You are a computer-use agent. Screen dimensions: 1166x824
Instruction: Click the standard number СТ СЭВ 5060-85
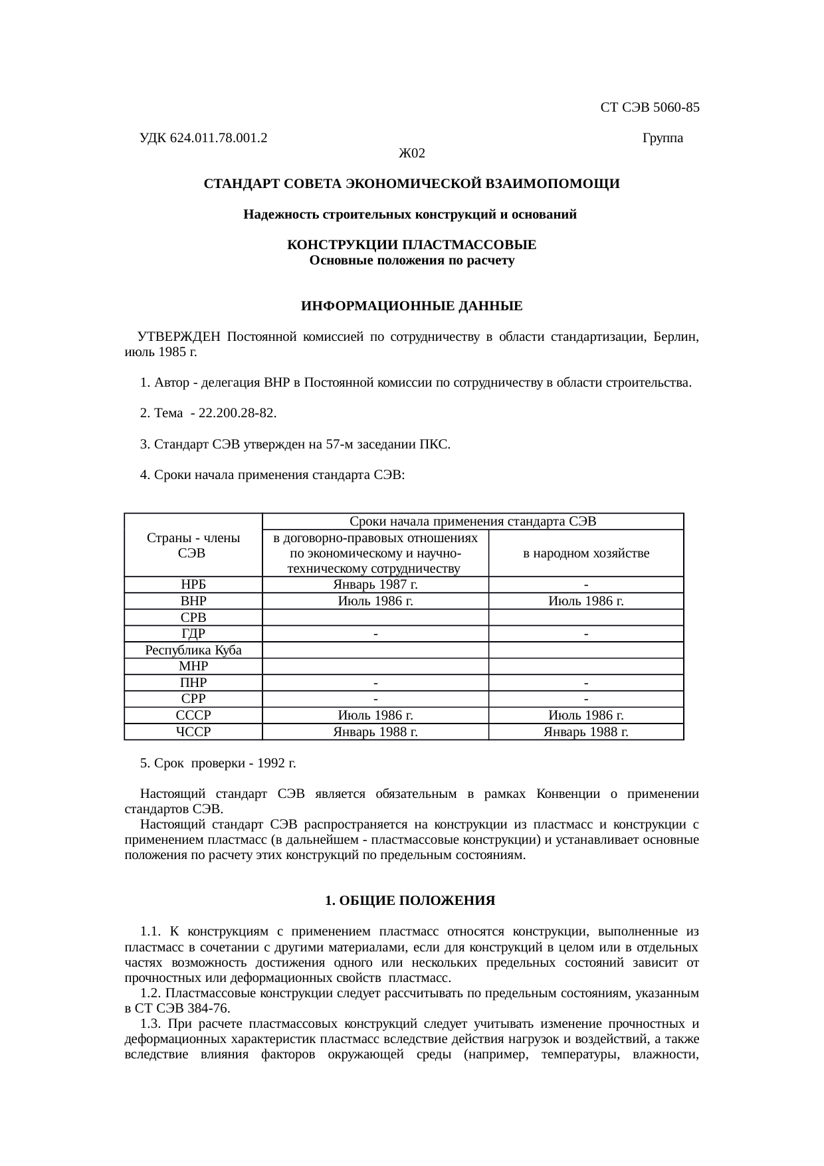point(649,108)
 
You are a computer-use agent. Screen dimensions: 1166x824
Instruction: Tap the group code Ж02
point(411,154)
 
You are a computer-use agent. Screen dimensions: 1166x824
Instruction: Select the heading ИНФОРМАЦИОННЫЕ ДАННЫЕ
point(411,307)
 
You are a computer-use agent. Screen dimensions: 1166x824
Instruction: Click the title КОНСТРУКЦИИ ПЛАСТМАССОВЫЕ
point(411,246)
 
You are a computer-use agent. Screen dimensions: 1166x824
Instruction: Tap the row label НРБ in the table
point(193,585)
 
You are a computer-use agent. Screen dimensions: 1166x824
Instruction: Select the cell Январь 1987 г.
point(375,585)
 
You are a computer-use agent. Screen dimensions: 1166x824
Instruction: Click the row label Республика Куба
point(193,650)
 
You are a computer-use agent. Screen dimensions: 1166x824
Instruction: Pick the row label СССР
point(193,716)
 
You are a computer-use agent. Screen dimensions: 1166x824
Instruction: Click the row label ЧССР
point(193,732)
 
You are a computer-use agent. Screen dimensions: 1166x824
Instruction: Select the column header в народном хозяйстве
point(586,553)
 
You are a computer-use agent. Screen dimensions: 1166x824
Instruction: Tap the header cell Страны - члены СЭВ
point(193,545)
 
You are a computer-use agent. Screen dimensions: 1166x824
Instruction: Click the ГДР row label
point(193,634)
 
